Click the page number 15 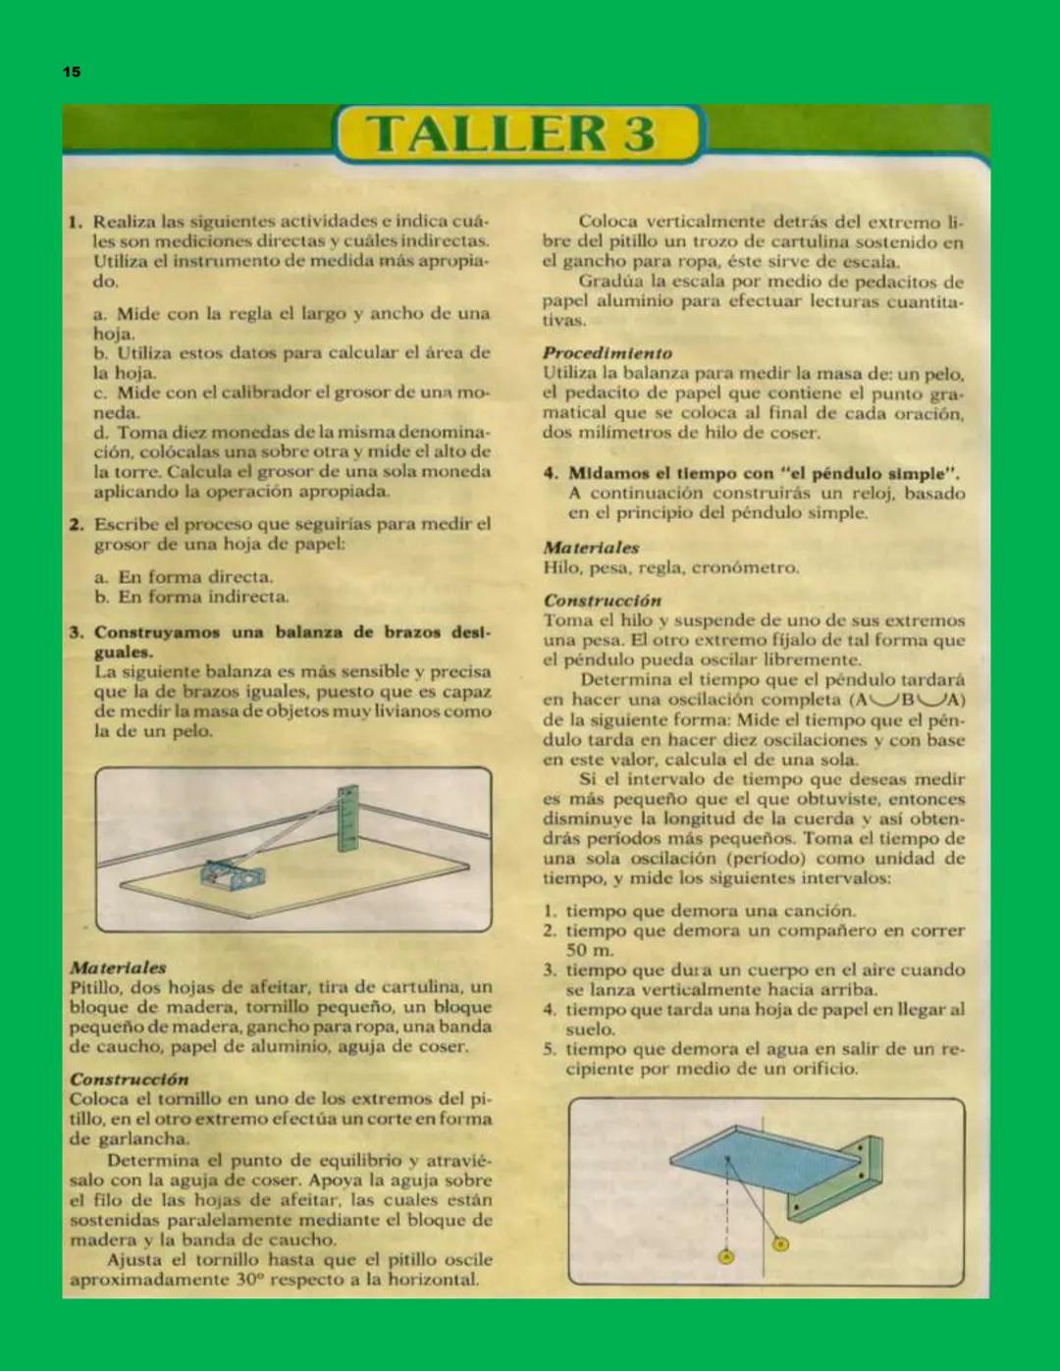point(72,72)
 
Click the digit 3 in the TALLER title point(639,133)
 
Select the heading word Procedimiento point(608,352)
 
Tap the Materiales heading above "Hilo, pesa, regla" point(591,548)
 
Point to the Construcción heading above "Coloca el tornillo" point(129,1079)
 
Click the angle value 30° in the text point(250,1280)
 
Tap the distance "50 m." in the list point(590,950)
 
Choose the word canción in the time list point(816,911)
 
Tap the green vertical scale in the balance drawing point(347,817)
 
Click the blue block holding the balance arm point(232,873)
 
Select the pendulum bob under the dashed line point(726,1257)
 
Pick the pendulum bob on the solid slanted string point(780,1244)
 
